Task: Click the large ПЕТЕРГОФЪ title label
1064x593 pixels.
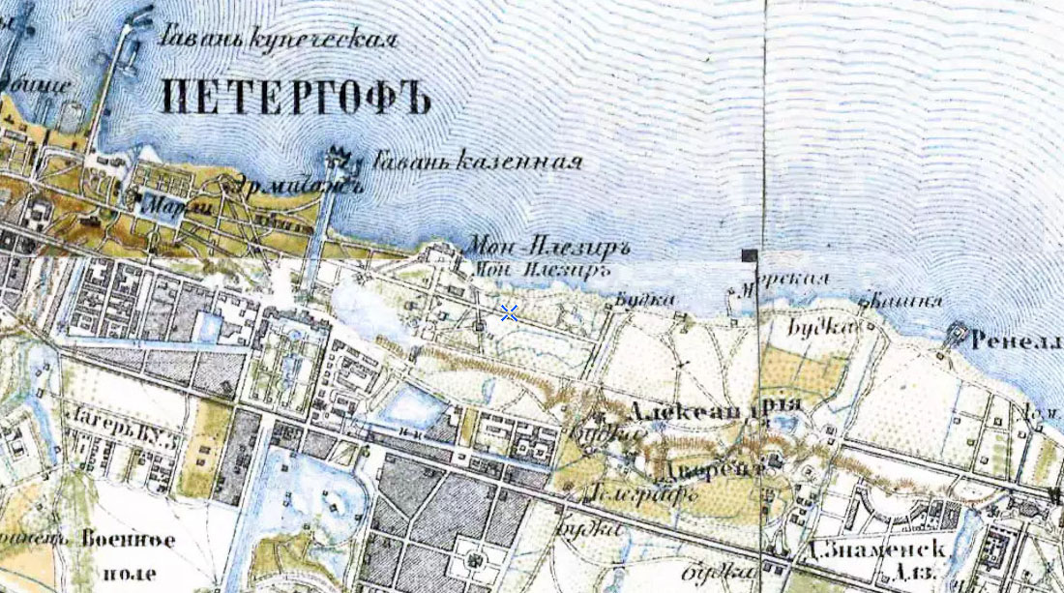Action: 294,98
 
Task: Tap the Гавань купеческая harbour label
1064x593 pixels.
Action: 279,40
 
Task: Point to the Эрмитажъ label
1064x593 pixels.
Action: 294,186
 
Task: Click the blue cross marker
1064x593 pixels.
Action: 509,312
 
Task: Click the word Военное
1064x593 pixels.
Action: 129,540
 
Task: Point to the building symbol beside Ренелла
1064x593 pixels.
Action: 958,334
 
